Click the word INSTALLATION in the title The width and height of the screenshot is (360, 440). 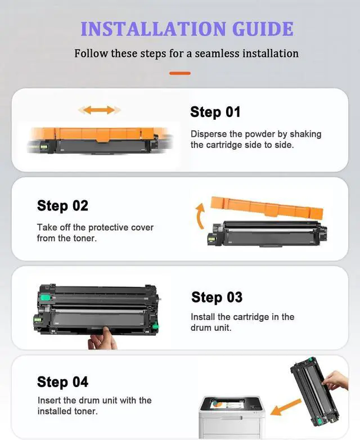pyautogui.click(x=153, y=29)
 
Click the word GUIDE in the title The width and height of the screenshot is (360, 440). pyautogui.click(x=263, y=29)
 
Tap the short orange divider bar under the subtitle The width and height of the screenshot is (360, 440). pyautogui.click(x=180, y=73)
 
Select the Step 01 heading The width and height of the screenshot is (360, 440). pyautogui.click(x=215, y=112)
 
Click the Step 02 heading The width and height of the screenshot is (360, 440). pyautogui.click(x=62, y=206)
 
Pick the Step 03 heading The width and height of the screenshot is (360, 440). pyautogui.click(x=217, y=297)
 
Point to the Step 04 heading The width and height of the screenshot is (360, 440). pyautogui.click(x=62, y=382)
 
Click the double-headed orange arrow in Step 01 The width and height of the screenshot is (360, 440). pyautogui.click(x=100, y=110)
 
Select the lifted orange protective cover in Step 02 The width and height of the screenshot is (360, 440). pyautogui.click(x=267, y=208)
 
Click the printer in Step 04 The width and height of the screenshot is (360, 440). pyautogui.click(x=232, y=417)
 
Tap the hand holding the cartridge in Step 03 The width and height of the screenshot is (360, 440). pyautogui.click(x=103, y=339)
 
